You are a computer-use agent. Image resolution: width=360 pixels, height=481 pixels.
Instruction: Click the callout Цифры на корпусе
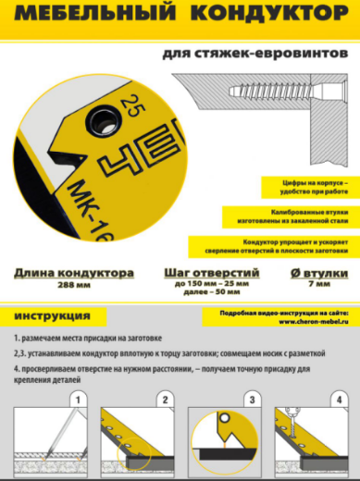point(308,188)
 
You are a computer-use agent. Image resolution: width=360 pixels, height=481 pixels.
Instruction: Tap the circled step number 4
point(341,400)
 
